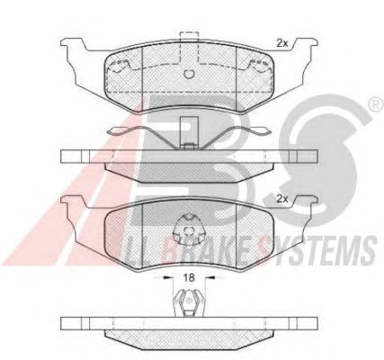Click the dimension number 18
(190, 277)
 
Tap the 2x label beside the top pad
(281, 43)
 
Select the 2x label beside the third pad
(281, 199)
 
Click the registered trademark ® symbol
(376, 104)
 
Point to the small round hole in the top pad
(189, 74)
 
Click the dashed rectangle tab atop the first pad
(189, 47)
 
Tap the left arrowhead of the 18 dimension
(165, 278)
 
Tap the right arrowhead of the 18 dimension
(211, 278)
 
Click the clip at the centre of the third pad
(189, 229)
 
